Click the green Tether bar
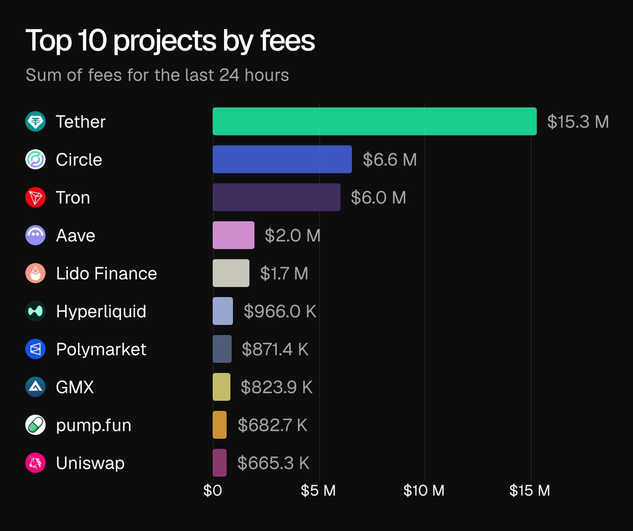coord(374,121)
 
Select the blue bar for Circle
coord(282,159)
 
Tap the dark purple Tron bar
coord(276,197)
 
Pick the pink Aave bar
coord(233,235)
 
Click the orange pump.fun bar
coord(220,425)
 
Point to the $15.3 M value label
coord(578,121)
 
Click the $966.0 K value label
coord(280,311)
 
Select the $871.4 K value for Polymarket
coord(275,349)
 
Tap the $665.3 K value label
coord(273,463)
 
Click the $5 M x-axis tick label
coord(318,490)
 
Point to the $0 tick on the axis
coord(213,490)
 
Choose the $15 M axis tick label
coord(530,490)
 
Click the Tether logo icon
coord(35,121)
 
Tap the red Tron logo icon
coord(35,197)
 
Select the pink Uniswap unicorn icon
coord(35,463)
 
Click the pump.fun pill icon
coord(35,425)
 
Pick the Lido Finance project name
coord(106,273)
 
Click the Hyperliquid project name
coord(101,311)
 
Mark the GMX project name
coord(75,387)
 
